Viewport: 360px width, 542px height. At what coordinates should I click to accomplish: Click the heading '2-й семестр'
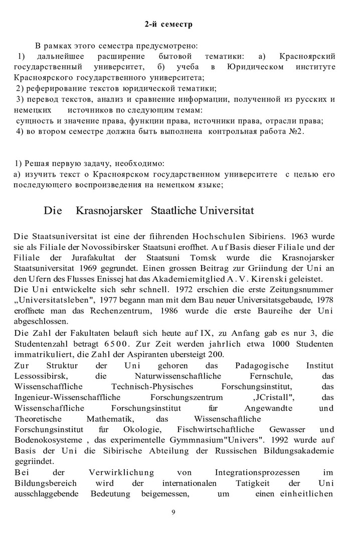tap(168, 24)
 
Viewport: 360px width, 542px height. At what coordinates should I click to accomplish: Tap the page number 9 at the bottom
tap(173, 512)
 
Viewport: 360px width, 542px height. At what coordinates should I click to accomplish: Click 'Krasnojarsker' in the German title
tap(107, 210)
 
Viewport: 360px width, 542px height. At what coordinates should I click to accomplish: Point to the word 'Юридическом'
tap(255, 67)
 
